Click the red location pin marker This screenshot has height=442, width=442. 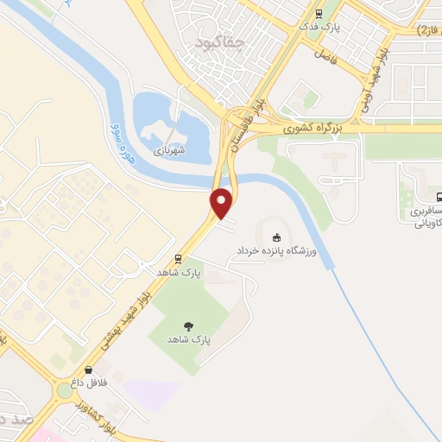tap(223, 203)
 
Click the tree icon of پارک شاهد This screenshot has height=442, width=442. tap(188, 325)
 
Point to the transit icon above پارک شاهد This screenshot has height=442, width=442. tap(178, 258)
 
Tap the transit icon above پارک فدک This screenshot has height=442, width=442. tap(319, 13)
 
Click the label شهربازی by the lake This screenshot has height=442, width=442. tap(170, 149)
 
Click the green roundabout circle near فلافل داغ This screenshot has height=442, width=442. tap(65, 390)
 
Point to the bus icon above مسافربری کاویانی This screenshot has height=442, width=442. tap(438, 197)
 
